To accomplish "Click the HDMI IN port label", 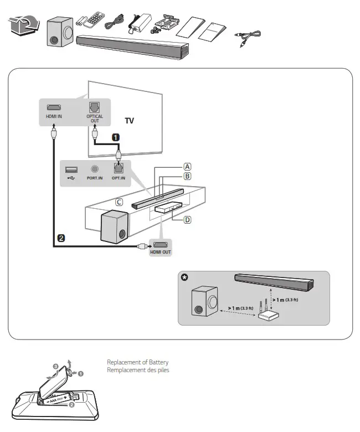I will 54,117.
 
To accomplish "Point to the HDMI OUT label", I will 161,252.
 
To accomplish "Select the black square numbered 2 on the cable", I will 61,238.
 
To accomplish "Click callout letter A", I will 188,166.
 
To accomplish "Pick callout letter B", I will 188,177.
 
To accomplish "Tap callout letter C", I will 119,203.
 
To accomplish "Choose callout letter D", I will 188,220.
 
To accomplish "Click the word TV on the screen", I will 129,120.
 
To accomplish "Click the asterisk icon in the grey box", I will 185,278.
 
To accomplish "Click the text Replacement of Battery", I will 137,362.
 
